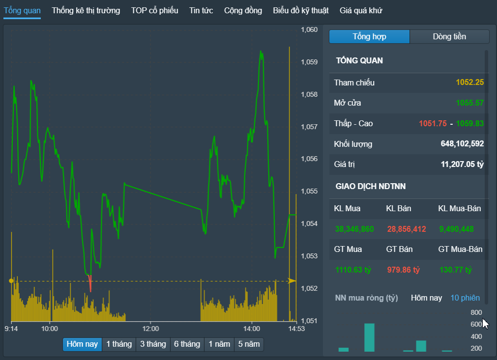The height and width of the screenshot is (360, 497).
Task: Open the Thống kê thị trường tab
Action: point(86,10)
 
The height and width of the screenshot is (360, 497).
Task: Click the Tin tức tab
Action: point(201,10)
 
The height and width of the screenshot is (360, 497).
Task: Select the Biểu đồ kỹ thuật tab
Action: point(301,10)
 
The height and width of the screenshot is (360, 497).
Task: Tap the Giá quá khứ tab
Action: point(361,10)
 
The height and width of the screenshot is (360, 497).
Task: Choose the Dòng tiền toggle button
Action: point(449,36)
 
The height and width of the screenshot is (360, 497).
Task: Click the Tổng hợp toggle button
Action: point(369,36)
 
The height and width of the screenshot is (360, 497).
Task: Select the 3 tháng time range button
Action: point(153,344)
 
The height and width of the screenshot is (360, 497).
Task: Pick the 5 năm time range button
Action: point(249,344)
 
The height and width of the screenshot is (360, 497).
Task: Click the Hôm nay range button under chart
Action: point(83,344)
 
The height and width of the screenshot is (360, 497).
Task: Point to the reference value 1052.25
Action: point(470,83)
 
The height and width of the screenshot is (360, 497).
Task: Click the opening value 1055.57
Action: point(470,103)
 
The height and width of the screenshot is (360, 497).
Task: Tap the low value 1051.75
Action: point(433,123)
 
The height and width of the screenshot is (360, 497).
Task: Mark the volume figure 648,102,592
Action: point(462,144)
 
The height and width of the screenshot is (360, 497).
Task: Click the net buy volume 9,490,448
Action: point(456,229)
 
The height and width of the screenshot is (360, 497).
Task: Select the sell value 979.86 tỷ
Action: point(403,270)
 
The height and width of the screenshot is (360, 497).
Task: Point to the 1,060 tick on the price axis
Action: point(309,29)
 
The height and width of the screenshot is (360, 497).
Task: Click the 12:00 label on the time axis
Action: point(150,329)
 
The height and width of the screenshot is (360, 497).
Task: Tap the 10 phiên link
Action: point(465,298)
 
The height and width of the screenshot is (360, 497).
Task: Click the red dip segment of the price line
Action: point(90,283)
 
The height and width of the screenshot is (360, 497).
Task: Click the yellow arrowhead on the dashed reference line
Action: point(292,280)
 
